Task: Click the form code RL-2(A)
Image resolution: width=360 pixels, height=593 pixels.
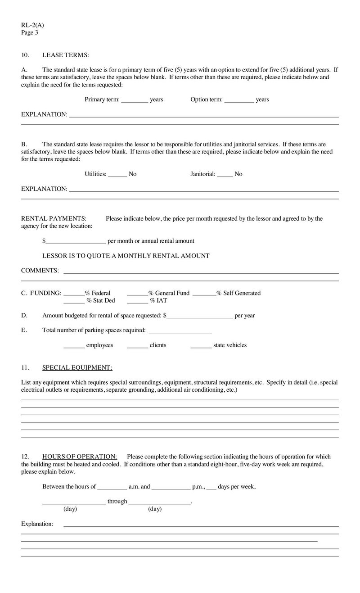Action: point(32,26)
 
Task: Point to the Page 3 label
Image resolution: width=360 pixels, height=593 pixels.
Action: point(30,32)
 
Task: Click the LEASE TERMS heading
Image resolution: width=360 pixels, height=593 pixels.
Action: point(65,55)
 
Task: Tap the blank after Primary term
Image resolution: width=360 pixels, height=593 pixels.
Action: point(135,100)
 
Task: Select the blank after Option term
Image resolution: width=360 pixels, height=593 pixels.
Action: point(239,100)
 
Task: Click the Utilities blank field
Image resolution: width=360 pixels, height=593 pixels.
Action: point(117,174)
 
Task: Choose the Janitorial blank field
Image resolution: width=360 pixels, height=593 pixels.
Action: point(225,174)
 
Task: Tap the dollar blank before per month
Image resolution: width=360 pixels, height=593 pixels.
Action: point(76,241)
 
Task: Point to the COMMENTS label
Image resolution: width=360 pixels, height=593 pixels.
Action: point(40,271)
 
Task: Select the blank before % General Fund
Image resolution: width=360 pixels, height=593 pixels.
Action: point(138,293)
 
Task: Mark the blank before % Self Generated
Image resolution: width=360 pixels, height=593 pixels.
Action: point(204,293)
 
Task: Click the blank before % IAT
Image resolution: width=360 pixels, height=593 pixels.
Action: point(138,301)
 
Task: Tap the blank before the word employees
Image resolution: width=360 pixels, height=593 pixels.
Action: point(74,345)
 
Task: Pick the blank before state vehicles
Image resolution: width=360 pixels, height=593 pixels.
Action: point(201,345)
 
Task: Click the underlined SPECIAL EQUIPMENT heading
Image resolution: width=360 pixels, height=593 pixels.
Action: point(77,368)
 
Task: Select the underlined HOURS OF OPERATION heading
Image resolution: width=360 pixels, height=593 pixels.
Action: point(80,457)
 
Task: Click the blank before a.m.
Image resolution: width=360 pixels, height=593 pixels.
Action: point(112,487)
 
